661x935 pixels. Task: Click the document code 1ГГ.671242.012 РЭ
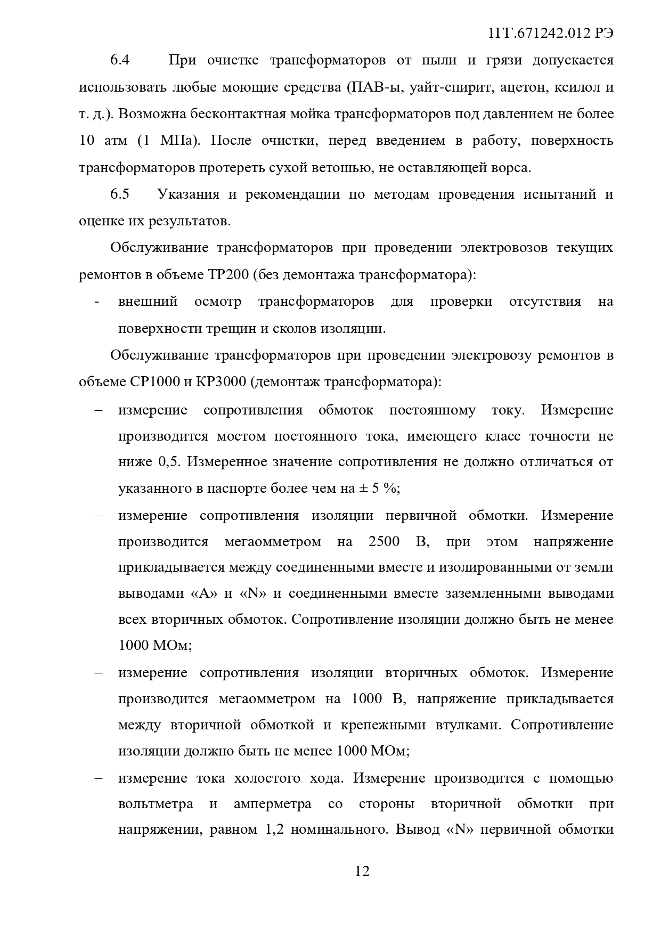(x=550, y=33)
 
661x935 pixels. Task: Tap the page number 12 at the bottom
(x=362, y=871)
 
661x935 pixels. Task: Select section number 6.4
(x=120, y=60)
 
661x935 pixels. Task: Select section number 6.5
(x=120, y=194)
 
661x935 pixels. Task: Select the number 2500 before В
(x=383, y=542)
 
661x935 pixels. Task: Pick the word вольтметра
(x=156, y=804)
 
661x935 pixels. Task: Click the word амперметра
(x=272, y=804)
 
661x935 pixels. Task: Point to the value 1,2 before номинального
(x=273, y=830)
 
